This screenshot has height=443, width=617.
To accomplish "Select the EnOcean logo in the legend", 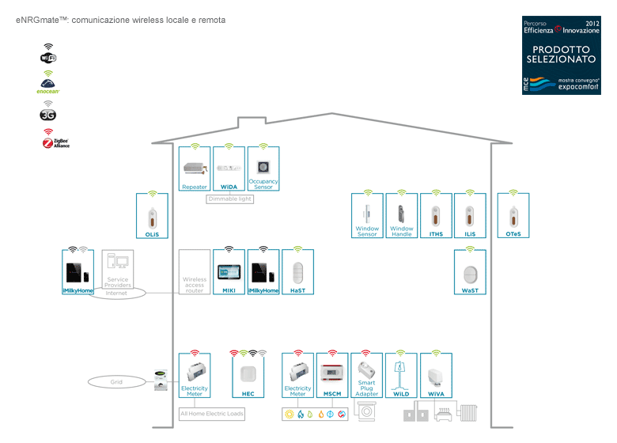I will [49, 82].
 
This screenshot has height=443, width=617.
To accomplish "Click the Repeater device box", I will [194, 168].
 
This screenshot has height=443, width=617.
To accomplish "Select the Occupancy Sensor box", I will [263, 168].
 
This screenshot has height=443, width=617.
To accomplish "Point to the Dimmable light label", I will [229, 199].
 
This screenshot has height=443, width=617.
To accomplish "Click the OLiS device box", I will [152, 217].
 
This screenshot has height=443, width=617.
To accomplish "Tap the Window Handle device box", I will [401, 217].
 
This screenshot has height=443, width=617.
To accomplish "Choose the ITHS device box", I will [436, 217].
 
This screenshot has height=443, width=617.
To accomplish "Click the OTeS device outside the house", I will [513, 217].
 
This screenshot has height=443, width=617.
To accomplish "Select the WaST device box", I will [470, 272].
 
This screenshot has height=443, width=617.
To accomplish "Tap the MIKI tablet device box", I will [229, 272].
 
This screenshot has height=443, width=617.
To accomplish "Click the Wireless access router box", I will [194, 272].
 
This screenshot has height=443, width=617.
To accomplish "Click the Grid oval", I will [116, 382].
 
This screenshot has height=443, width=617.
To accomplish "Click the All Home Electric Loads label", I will [212, 414].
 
